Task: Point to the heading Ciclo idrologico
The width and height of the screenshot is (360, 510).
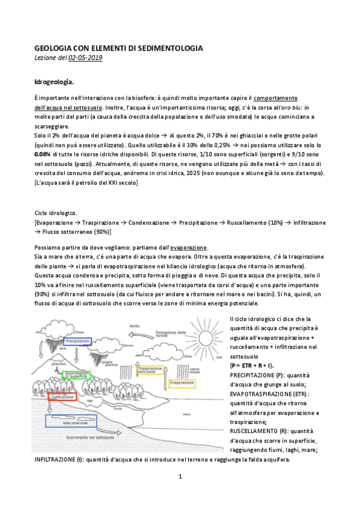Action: [x=55, y=214]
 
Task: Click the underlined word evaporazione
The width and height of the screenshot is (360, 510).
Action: [x=189, y=247]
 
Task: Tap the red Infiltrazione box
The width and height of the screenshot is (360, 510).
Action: [x=61, y=397]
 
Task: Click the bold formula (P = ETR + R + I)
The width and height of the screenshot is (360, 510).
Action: [x=252, y=365]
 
